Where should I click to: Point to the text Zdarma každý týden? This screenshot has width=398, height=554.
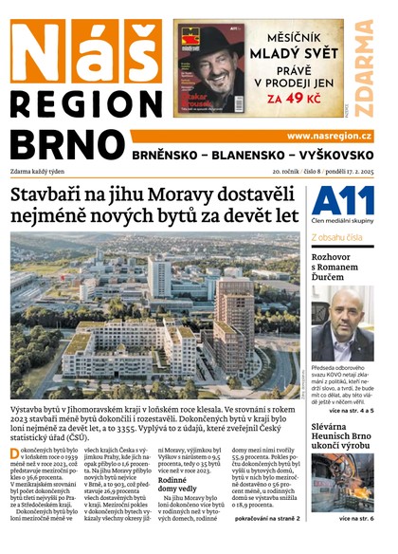(x=41, y=173)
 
